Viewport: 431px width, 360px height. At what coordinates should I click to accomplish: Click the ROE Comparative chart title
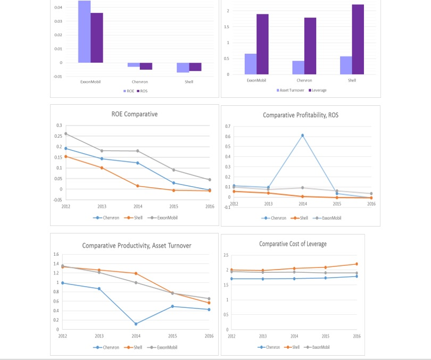[x=135, y=114]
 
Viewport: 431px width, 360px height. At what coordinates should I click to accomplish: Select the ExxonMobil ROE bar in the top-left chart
[x=84, y=32]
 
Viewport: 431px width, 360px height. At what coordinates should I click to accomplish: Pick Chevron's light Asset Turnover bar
[x=298, y=68]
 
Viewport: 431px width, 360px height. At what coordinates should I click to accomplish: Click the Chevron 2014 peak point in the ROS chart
[x=303, y=135]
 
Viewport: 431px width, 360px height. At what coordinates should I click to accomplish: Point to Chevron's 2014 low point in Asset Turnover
[x=136, y=324]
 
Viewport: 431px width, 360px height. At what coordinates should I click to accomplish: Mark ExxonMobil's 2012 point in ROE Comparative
[x=65, y=133]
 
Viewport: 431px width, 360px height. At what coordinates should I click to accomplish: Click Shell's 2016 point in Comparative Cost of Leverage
[x=357, y=264]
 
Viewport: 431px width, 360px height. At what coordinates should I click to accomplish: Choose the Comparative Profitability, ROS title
[x=301, y=115]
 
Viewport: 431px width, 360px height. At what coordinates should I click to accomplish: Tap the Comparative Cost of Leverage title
[x=293, y=244]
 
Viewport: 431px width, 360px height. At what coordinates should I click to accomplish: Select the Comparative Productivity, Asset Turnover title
[x=137, y=245]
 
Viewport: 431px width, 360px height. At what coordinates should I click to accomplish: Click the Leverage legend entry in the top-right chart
[x=318, y=90]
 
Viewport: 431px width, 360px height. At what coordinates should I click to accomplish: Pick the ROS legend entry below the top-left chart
[x=143, y=91]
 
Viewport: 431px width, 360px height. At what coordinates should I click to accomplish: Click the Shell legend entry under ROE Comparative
[x=137, y=217]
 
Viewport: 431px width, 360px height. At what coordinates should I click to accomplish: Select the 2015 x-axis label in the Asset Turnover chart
[x=173, y=336]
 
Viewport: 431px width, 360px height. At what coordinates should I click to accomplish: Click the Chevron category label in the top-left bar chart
[x=140, y=82]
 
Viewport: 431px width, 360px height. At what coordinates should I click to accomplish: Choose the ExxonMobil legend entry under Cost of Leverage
[x=319, y=347]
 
